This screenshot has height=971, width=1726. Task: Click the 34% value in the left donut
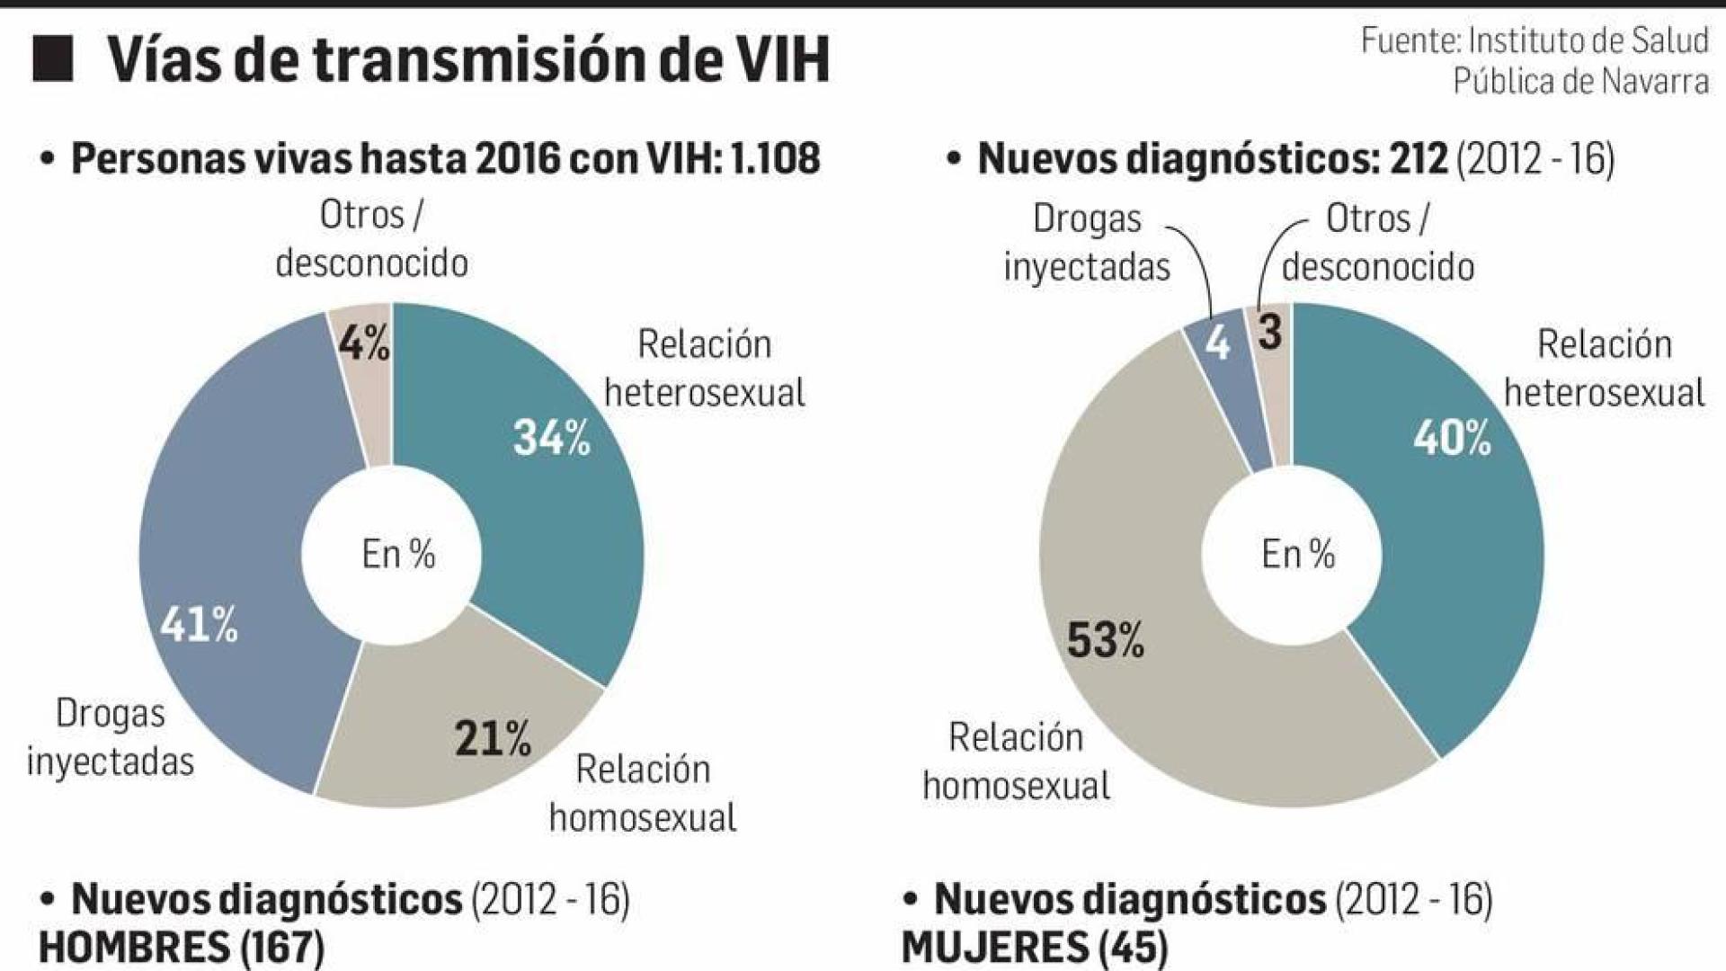point(551,439)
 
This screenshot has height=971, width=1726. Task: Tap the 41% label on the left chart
point(199,624)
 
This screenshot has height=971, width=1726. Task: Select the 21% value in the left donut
point(493,739)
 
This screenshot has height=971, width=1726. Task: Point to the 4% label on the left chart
point(364,343)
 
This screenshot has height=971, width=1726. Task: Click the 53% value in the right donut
point(1105,641)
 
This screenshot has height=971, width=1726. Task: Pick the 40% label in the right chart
point(1451,439)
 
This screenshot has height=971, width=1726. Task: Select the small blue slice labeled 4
point(1217,343)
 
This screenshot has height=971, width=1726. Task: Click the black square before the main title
point(52,59)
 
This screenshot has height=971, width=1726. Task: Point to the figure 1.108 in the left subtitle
point(775,159)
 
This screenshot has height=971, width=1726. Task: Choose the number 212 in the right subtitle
point(1419,159)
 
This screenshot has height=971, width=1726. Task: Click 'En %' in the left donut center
point(398,555)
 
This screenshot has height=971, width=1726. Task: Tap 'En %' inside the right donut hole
point(1297,555)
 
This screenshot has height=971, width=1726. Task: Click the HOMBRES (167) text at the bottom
point(181,948)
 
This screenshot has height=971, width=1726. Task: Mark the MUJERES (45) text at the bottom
point(1034,948)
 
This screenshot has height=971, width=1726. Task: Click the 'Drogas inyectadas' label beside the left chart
point(111,737)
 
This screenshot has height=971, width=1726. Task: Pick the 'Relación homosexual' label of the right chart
point(1016,762)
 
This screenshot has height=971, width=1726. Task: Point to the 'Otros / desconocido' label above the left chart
point(371,239)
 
